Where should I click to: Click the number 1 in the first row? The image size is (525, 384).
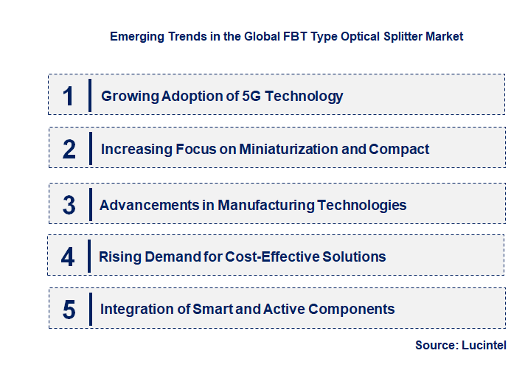[68, 96]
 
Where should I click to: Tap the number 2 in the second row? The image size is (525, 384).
[69, 150]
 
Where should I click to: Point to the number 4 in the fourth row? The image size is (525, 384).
[68, 257]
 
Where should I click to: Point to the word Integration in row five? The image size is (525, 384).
[134, 310]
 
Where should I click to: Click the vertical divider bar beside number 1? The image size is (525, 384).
[89, 95]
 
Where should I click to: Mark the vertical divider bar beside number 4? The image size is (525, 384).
[88, 256]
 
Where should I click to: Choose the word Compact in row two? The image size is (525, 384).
[399, 149]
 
